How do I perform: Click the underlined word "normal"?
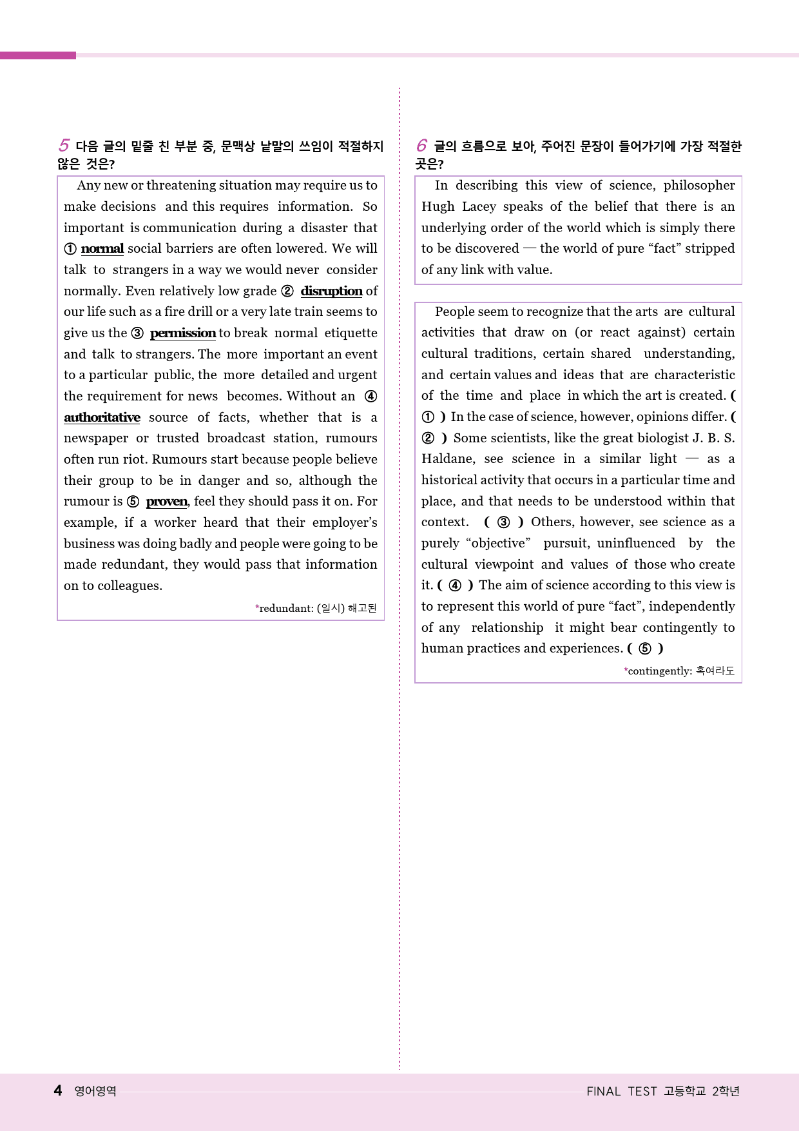pyautogui.click(x=102, y=249)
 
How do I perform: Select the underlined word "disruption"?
pyautogui.click(x=331, y=291)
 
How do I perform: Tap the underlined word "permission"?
pyautogui.click(x=183, y=333)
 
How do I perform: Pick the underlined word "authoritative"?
pyautogui.click(x=102, y=417)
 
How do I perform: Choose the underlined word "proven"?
pyautogui.click(x=167, y=502)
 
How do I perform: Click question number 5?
pyautogui.click(x=64, y=146)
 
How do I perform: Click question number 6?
pyautogui.click(x=421, y=146)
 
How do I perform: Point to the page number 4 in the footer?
pyautogui.click(x=58, y=1090)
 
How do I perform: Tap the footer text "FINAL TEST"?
pyautogui.click(x=621, y=1091)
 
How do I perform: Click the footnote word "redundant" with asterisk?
pyautogui.click(x=285, y=608)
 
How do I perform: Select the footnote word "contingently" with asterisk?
pyautogui.click(x=659, y=671)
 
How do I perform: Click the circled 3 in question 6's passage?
pyautogui.click(x=504, y=522)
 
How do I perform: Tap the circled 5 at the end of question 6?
pyautogui.click(x=645, y=648)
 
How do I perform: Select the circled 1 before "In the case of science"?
pyautogui.click(x=428, y=417)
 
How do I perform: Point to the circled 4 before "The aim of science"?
pyautogui.click(x=455, y=585)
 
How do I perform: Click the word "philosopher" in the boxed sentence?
pyautogui.click(x=698, y=185)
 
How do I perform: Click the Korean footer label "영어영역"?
pyautogui.click(x=95, y=1091)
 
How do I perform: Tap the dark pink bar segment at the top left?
pyautogui.click(x=38, y=55)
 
